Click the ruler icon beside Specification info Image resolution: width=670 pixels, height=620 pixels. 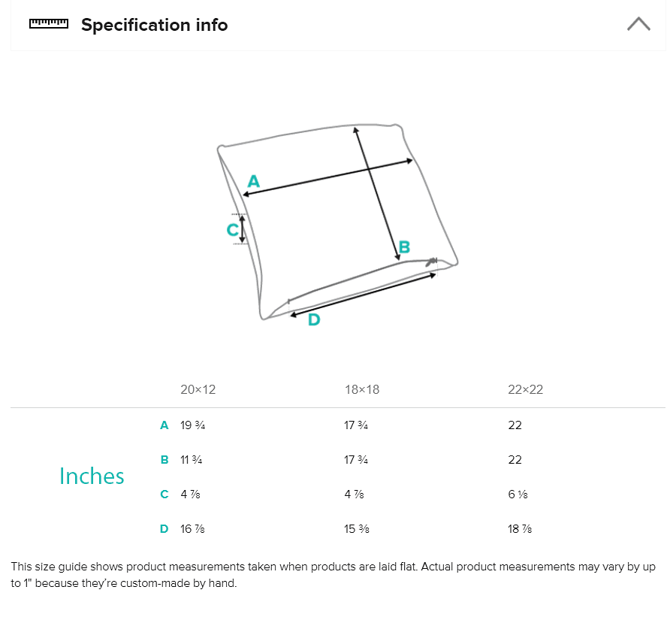[48, 24]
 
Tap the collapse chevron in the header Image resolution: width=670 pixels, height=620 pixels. [638, 24]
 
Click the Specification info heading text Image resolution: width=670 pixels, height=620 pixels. [154, 25]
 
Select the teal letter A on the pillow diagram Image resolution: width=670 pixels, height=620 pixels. [253, 181]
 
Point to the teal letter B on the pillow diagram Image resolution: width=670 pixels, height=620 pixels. [404, 246]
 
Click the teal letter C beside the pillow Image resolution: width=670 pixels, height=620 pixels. [233, 229]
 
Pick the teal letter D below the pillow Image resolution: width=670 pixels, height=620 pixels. [314, 319]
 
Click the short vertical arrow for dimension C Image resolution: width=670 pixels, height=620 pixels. [242, 228]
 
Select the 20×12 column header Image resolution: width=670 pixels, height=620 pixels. [198, 389]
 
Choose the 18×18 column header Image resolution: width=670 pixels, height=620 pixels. [361, 389]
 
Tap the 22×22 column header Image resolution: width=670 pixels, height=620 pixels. [525, 389]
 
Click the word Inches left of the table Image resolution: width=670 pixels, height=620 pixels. [92, 476]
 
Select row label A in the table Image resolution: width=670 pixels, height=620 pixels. [164, 425]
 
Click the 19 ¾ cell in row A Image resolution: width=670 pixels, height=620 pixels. [192, 425]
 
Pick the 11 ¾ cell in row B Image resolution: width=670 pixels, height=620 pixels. [191, 460]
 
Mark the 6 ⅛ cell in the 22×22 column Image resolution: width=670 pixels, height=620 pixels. [518, 494]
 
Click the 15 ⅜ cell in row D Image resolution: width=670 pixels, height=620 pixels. [356, 529]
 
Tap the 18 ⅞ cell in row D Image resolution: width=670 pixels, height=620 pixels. [520, 529]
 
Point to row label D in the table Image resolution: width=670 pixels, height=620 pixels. [164, 529]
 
